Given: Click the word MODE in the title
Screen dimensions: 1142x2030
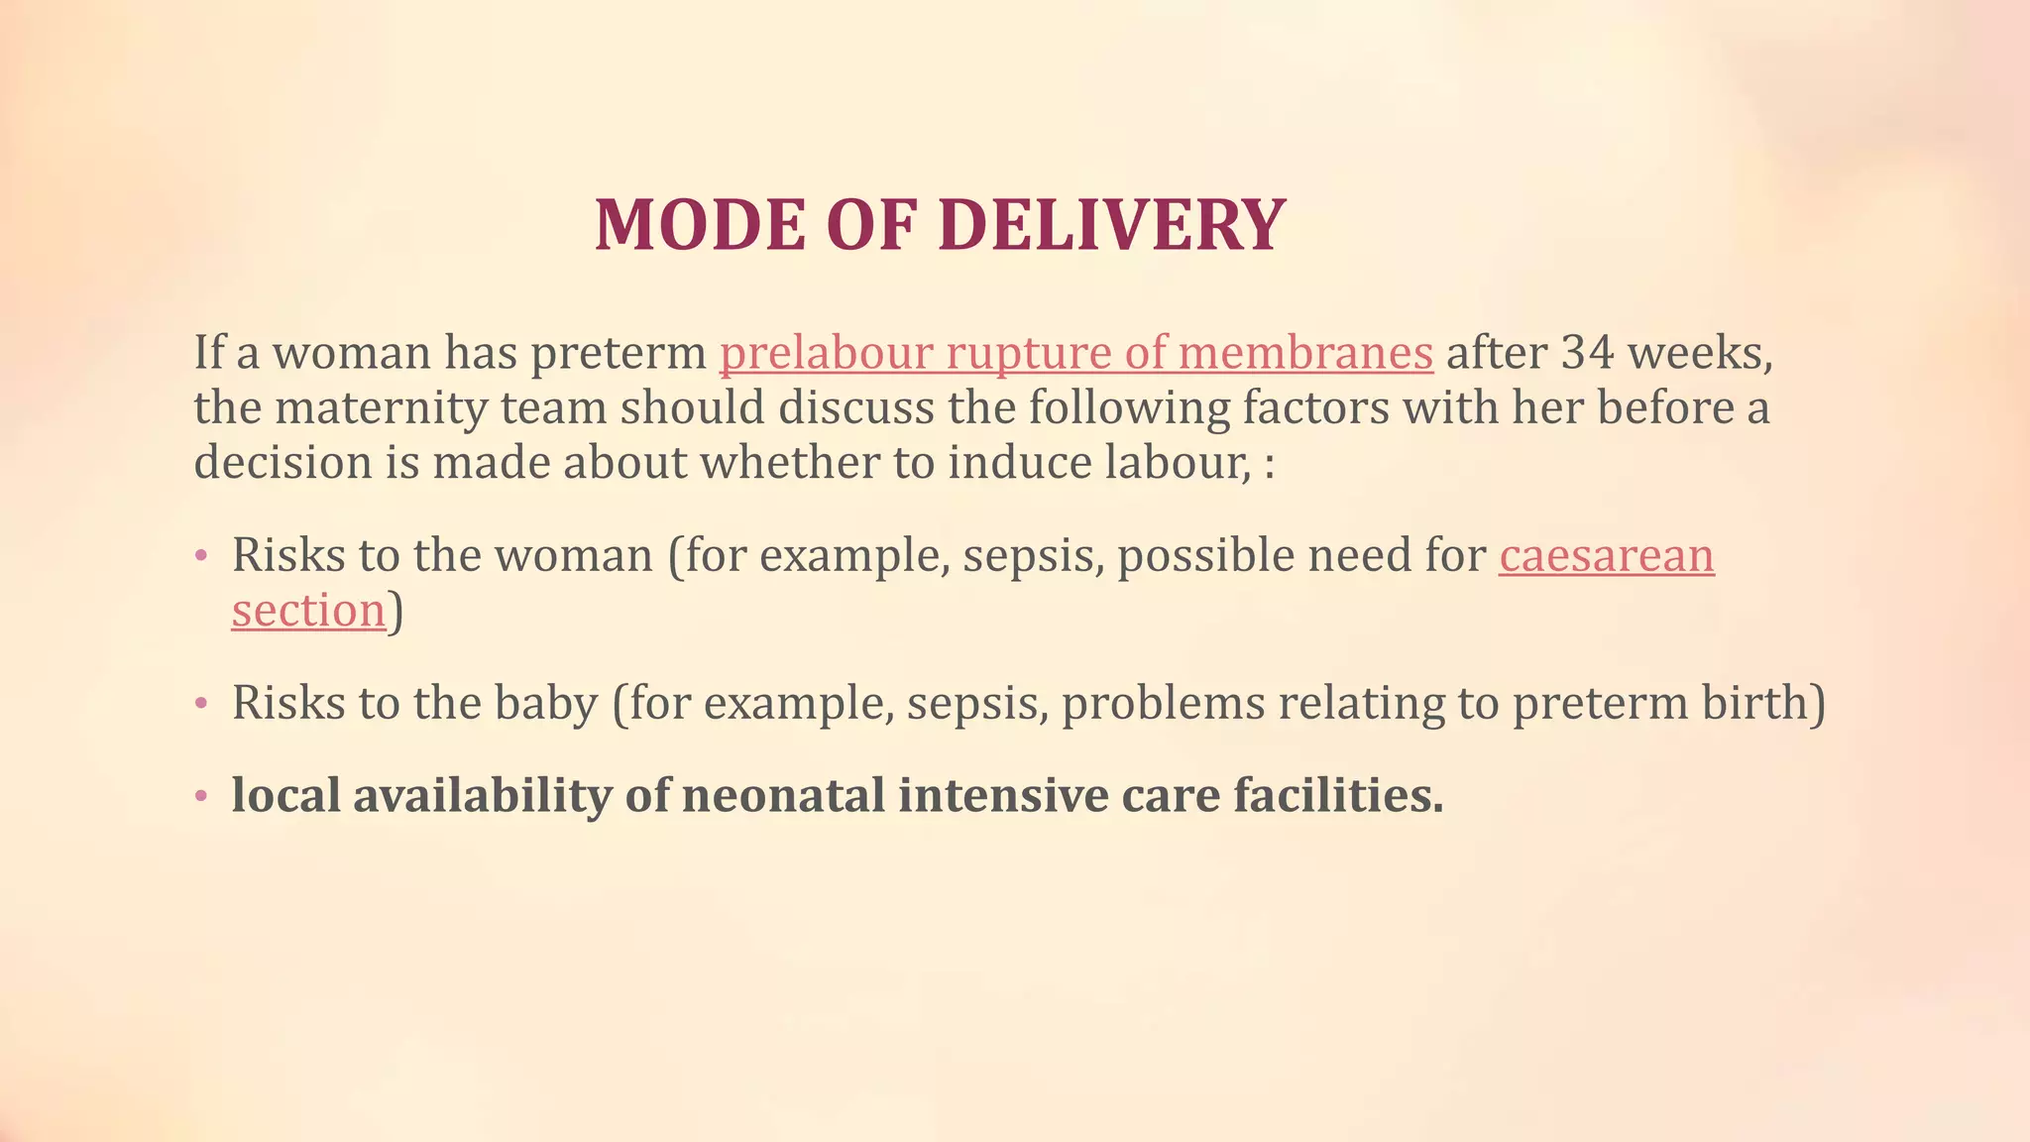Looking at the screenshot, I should [x=701, y=226].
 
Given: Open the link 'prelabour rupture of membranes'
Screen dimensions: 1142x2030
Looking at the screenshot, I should [x=1075, y=353].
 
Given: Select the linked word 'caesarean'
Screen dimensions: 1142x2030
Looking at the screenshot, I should [x=1606, y=555].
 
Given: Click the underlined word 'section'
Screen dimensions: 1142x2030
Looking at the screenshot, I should [x=308, y=610].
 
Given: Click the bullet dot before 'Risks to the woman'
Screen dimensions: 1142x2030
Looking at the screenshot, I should [x=201, y=556].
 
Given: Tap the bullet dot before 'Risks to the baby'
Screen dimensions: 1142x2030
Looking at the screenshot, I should [x=201, y=704].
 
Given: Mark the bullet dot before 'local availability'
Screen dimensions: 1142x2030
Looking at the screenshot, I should [x=201, y=796].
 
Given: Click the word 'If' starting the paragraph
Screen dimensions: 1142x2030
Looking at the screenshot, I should [x=208, y=353].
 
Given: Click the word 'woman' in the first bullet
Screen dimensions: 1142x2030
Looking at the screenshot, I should [x=574, y=556].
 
